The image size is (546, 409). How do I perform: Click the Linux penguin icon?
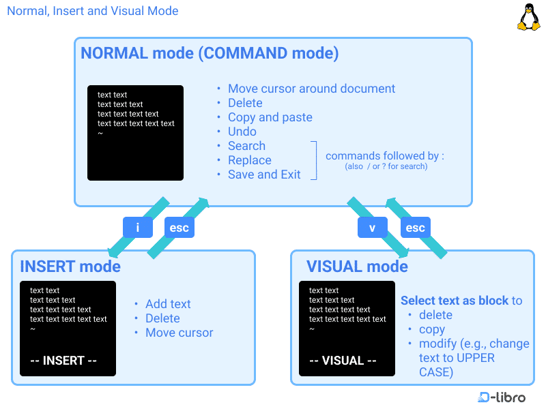(x=528, y=17)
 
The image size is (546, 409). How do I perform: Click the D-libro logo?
(x=502, y=397)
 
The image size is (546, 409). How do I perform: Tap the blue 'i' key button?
(x=138, y=228)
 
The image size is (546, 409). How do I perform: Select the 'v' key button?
(x=372, y=228)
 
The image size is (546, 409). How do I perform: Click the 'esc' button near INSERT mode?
(x=179, y=228)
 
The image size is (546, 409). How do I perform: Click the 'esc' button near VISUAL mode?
(x=415, y=228)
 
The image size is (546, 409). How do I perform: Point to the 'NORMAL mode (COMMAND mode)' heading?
(x=210, y=53)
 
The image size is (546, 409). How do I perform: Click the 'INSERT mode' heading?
(x=70, y=266)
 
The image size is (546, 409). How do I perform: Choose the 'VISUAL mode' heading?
(x=357, y=266)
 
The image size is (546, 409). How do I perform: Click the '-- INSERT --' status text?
(x=63, y=361)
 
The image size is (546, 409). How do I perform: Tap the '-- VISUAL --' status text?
(x=343, y=361)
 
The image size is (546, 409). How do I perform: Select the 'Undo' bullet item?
(x=242, y=132)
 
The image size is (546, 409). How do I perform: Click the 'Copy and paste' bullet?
(x=270, y=117)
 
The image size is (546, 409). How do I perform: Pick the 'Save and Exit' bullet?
(x=264, y=175)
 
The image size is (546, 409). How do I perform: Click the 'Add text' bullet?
(x=168, y=304)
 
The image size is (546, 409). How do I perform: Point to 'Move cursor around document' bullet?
(x=311, y=89)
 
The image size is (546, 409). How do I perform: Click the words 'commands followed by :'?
(x=385, y=156)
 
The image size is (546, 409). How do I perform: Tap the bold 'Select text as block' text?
(x=454, y=301)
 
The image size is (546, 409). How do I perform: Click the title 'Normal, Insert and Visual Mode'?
(x=93, y=11)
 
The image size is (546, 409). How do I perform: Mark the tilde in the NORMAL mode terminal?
(x=100, y=133)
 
